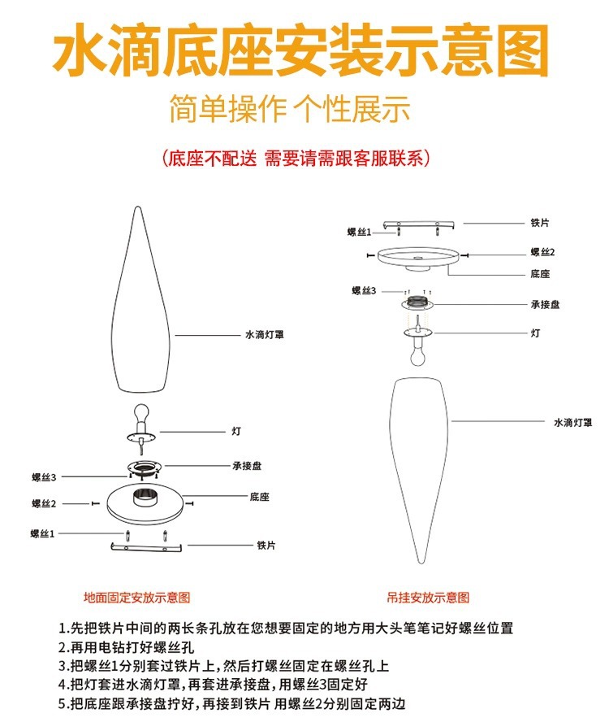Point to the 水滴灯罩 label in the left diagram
click(264, 334)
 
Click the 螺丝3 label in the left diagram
click(44, 477)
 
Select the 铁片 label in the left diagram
click(266, 546)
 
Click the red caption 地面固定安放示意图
click(137, 597)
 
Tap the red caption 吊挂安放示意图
click(429, 597)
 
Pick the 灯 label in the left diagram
click(235, 431)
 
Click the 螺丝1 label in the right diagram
click(359, 233)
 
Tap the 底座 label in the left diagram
click(260, 496)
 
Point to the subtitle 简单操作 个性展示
click(289, 109)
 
